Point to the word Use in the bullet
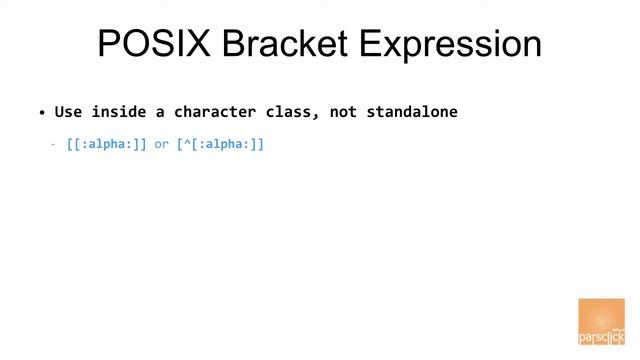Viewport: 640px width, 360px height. pyautogui.click(x=68, y=112)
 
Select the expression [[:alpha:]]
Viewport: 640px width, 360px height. pyautogui.click(x=106, y=145)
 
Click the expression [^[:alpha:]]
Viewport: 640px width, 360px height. pyautogui.click(x=220, y=145)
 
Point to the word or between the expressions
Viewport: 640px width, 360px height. pyautogui.click(x=161, y=145)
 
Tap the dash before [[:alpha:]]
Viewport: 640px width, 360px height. pyautogui.click(x=54, y=145)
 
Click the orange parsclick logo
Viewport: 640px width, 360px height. pyautogui.click(x=601, y=321)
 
